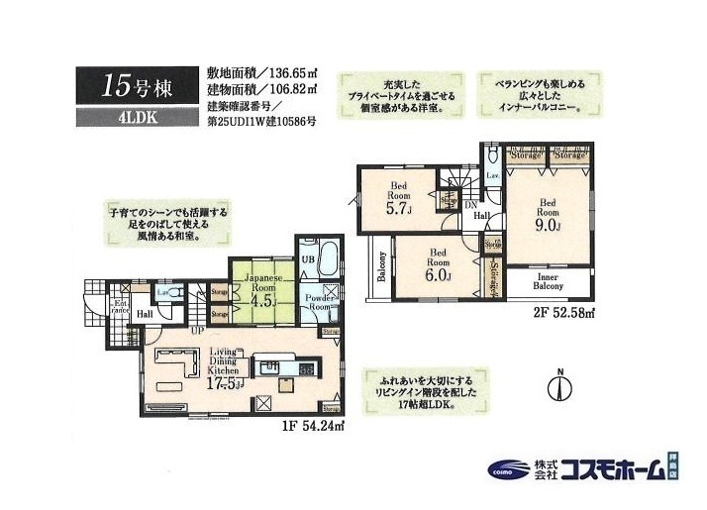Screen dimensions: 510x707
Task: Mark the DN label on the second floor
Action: tap(469, 203)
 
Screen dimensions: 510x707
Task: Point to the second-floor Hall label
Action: tap(479, 215)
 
